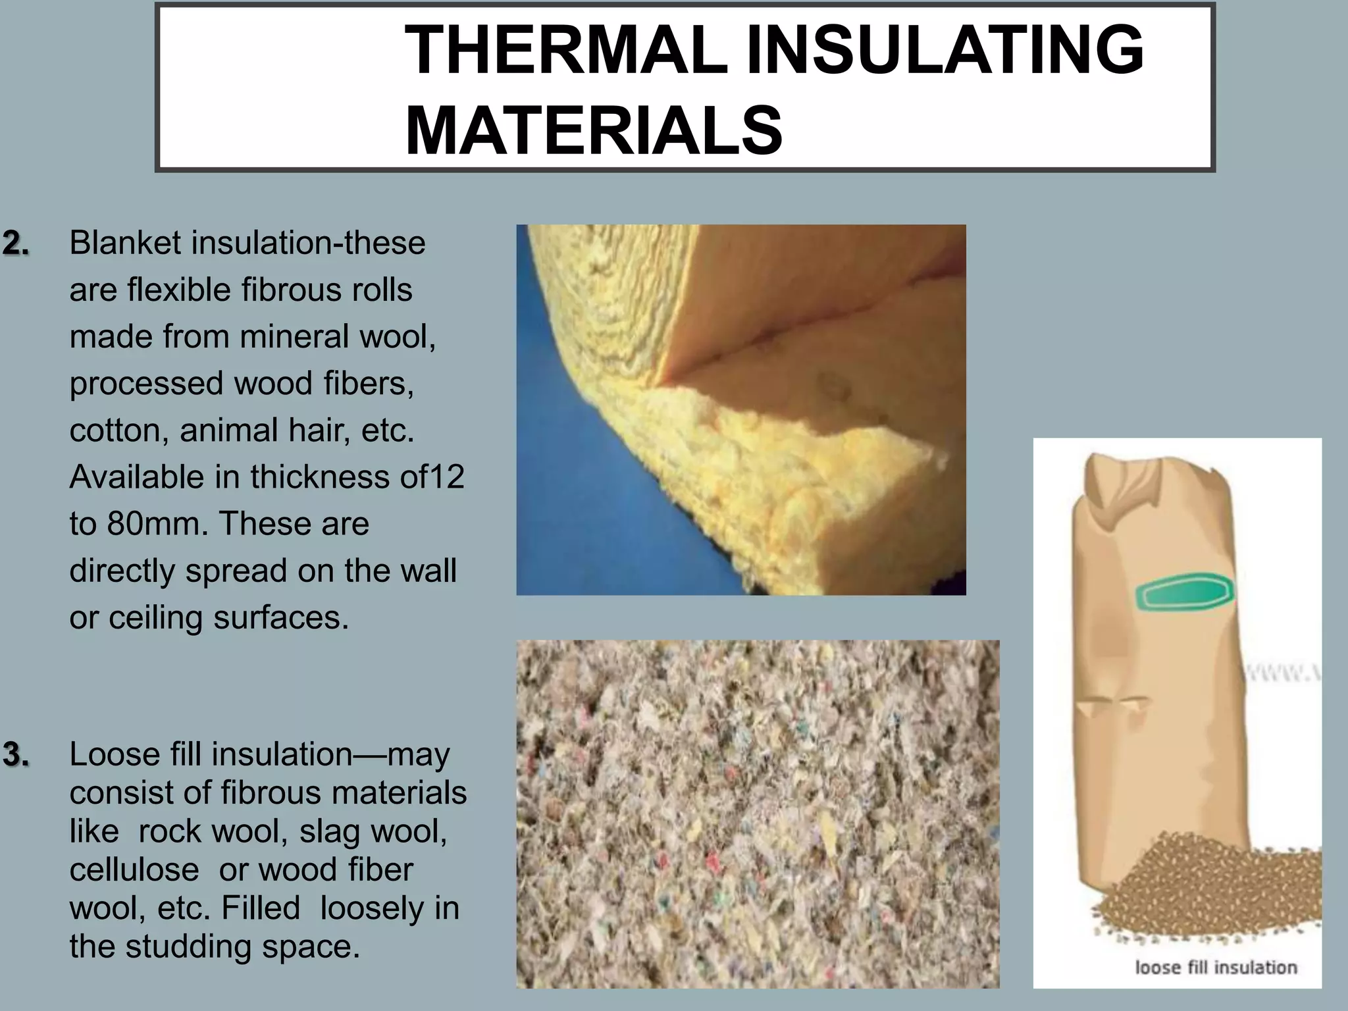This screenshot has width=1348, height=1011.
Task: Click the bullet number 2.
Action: [16, 244]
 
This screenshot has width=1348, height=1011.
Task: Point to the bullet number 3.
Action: [16, 755]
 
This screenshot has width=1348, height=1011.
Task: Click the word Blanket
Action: [124, 243]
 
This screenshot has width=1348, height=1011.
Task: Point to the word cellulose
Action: [134, 869]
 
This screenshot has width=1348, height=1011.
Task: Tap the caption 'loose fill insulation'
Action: [1216, 967]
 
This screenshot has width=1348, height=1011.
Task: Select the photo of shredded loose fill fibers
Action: [757, 814]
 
